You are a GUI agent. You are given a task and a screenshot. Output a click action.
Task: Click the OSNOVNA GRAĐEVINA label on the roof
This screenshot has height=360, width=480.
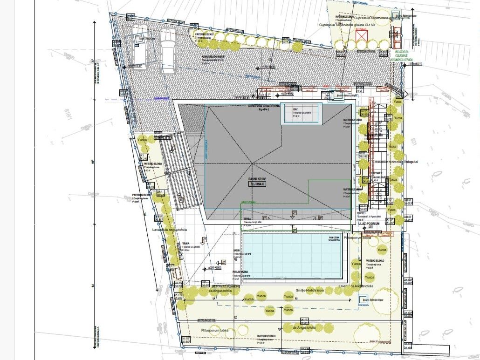coord(264,107)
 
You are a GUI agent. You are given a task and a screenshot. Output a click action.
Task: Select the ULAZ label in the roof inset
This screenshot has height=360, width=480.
coord(295,109)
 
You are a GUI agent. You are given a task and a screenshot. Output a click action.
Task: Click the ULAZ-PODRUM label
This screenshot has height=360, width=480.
coord(370,224)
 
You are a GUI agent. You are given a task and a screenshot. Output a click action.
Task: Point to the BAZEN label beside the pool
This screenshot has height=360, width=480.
coord(237,251)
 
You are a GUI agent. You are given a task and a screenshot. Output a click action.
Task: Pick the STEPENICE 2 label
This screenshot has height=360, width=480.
coord(376,172)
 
